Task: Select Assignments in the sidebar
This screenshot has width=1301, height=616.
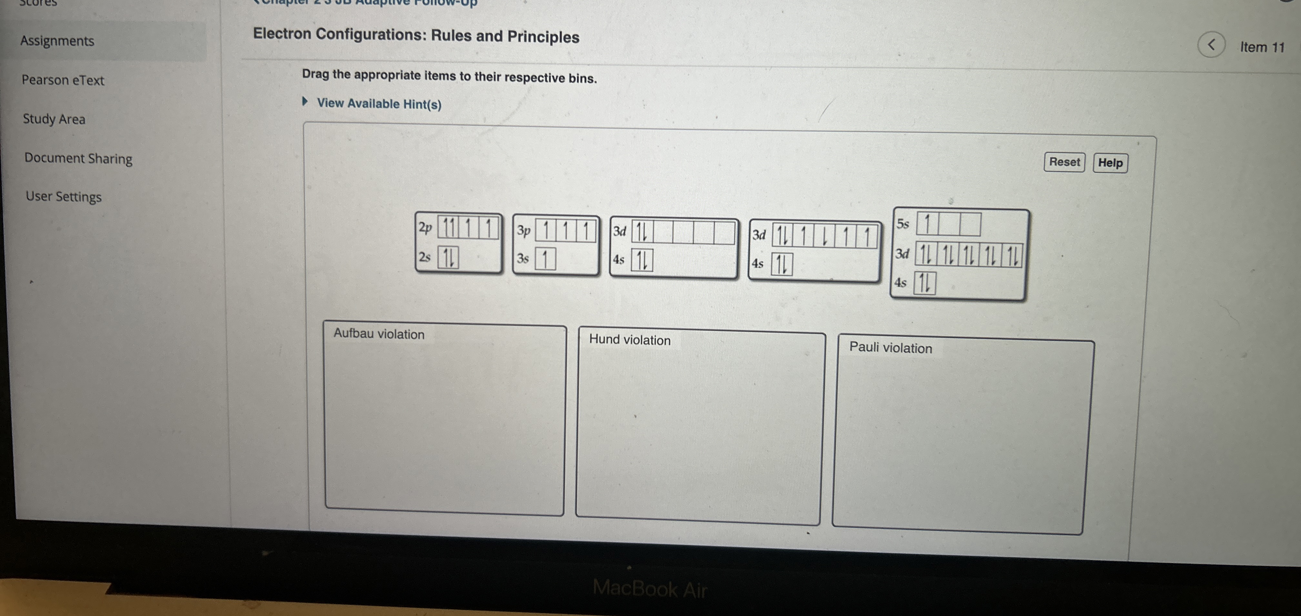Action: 57,41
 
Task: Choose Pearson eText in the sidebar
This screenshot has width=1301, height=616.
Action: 63,80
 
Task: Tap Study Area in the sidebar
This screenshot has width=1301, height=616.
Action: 54,119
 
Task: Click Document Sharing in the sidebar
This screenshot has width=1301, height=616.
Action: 78,158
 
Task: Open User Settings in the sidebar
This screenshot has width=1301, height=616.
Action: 64,196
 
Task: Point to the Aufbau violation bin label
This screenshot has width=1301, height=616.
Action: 379,334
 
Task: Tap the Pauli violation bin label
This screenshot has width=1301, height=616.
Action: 890,347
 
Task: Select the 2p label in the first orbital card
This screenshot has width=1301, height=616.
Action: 425,228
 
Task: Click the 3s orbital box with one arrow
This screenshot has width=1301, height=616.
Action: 545,259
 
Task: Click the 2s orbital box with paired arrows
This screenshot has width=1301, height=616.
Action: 448,257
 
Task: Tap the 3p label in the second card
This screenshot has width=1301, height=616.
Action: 524,230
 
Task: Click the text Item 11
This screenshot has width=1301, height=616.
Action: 1262,47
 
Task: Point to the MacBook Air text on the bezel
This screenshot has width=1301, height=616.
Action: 650,589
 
